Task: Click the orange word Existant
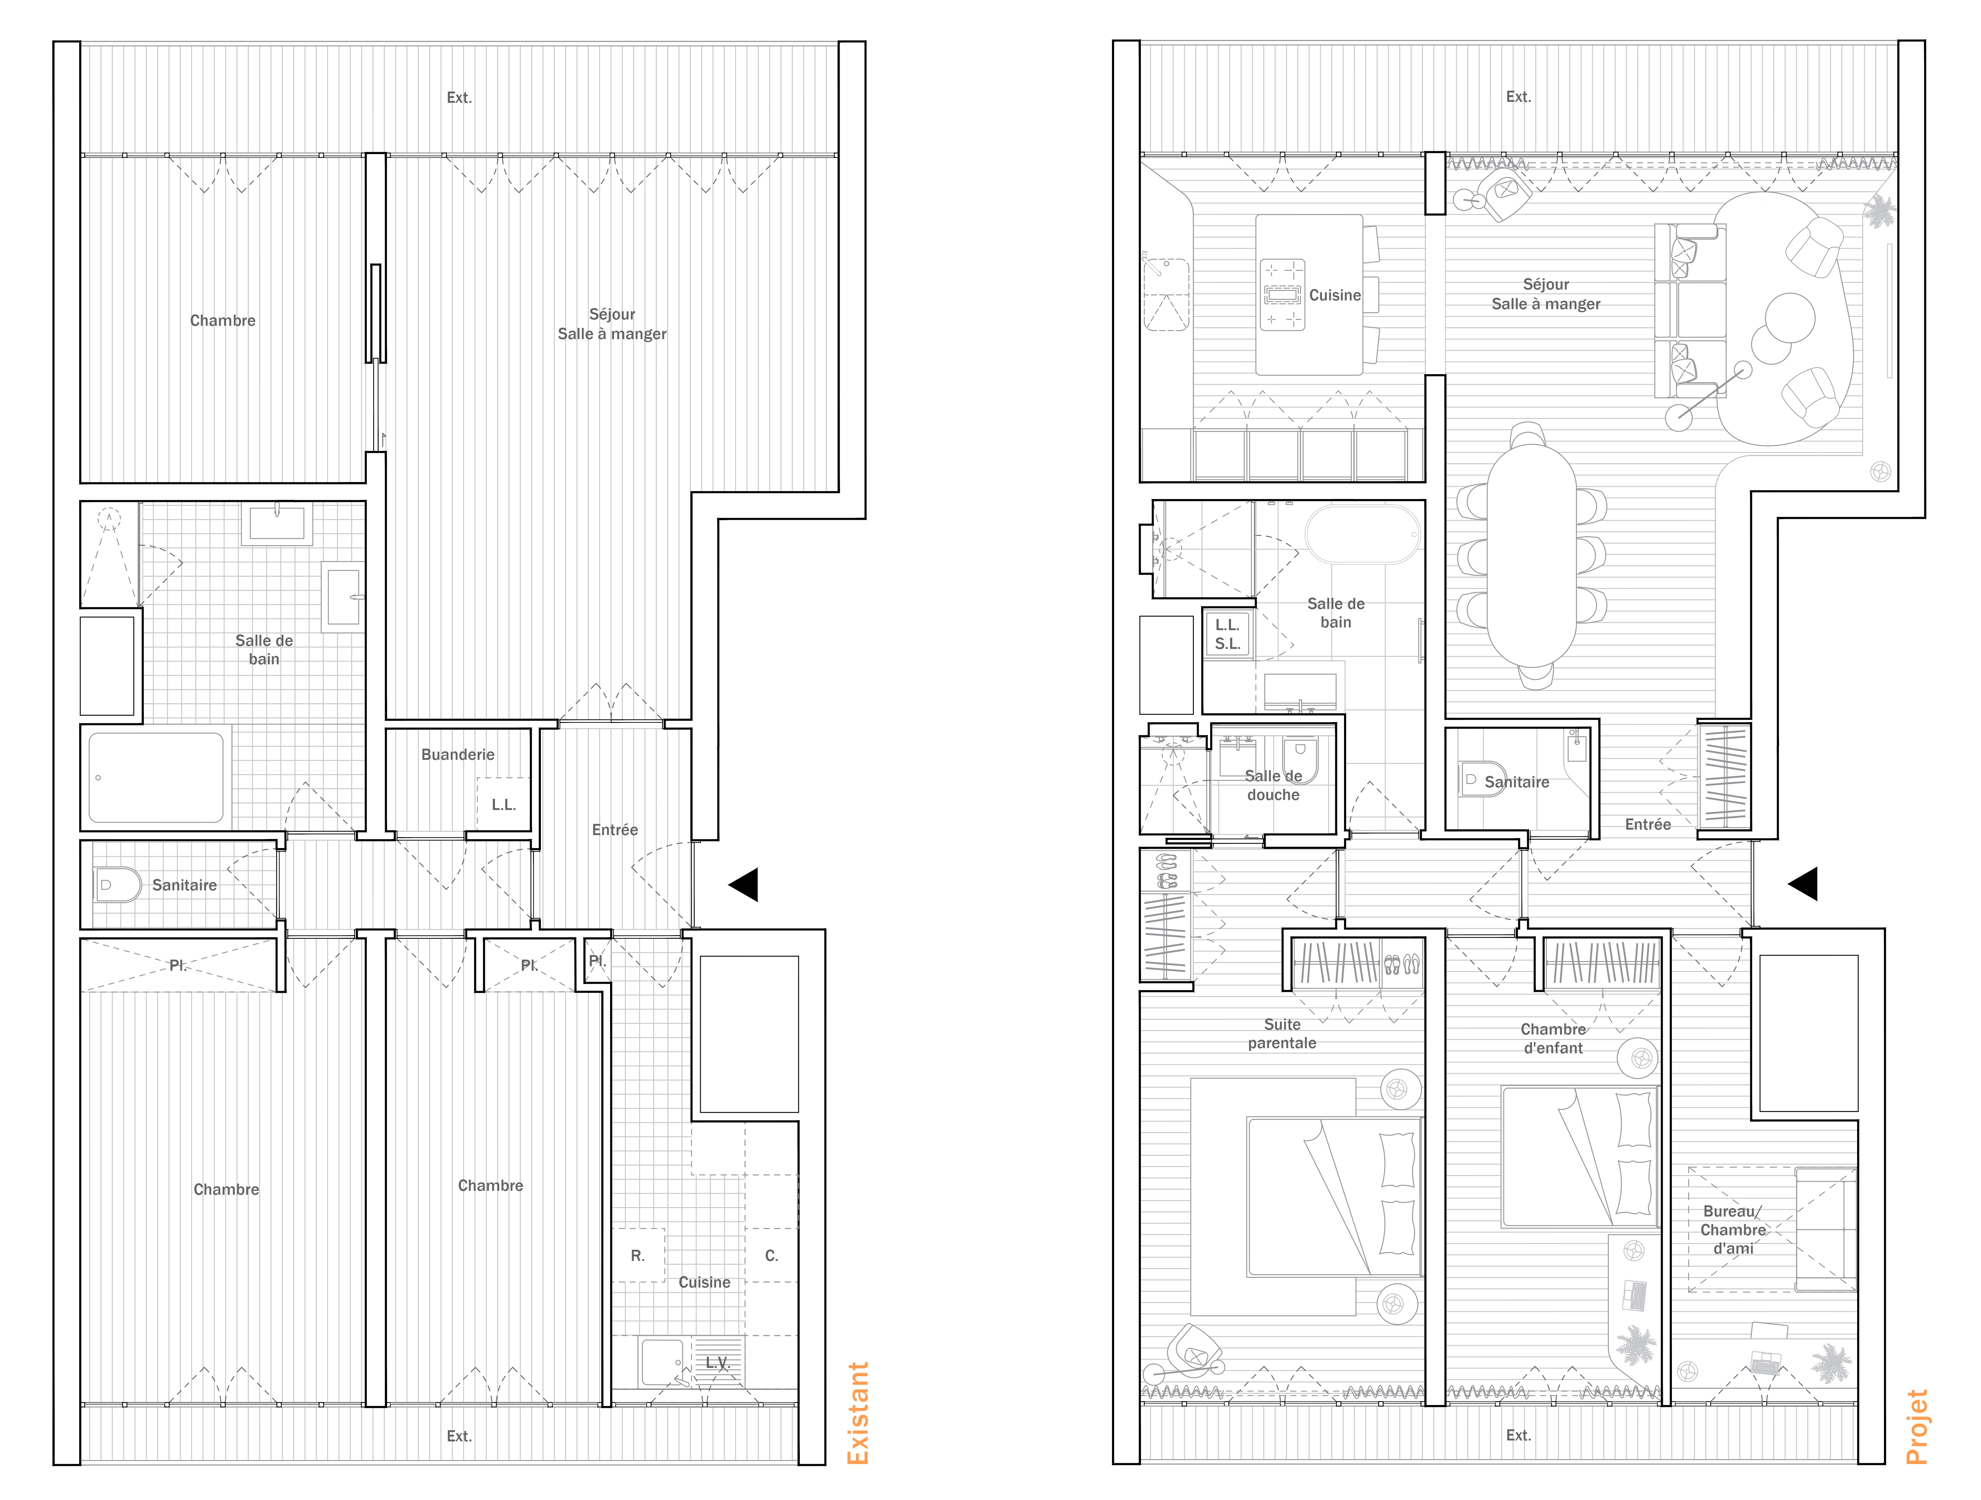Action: click(858, 1413)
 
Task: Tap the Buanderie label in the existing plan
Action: click(458, 755)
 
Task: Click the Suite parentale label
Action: click(1281, 1033)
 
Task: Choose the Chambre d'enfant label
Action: click(1553, 1039)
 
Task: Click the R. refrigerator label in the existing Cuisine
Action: click(638, 1255)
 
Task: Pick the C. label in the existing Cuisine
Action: click(771, 1255)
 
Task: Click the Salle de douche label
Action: click(1273, 786)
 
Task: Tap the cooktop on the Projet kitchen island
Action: click(1282, 295)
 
